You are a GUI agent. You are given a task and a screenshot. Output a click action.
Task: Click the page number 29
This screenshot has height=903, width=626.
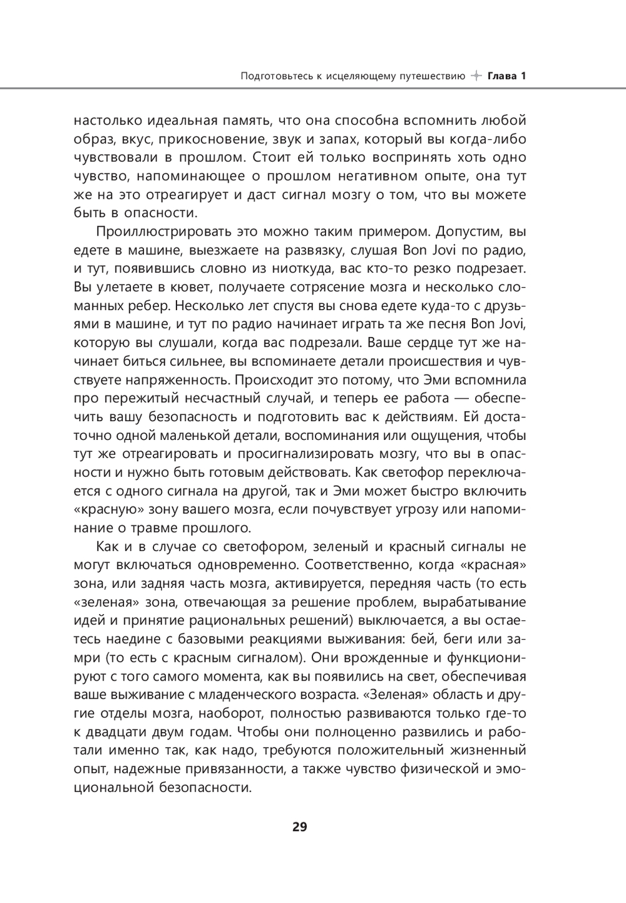pyautogui.click(x=300, y=827)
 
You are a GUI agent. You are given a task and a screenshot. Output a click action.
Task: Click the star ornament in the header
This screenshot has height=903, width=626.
pyautogui.click(x=476, y=76)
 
